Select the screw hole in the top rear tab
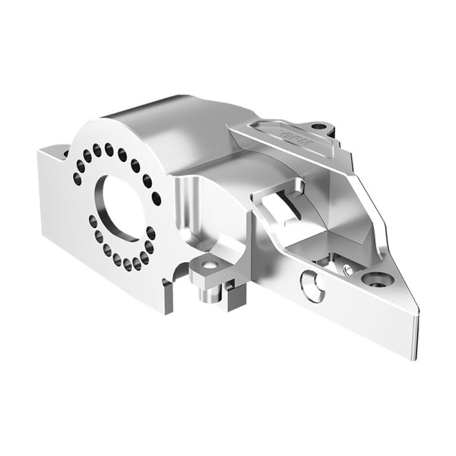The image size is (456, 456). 319,126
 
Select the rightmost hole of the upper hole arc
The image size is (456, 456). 157,198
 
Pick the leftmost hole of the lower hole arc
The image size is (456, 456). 93,221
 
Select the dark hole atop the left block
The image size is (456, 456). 65,152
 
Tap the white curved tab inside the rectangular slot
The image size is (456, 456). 281,199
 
